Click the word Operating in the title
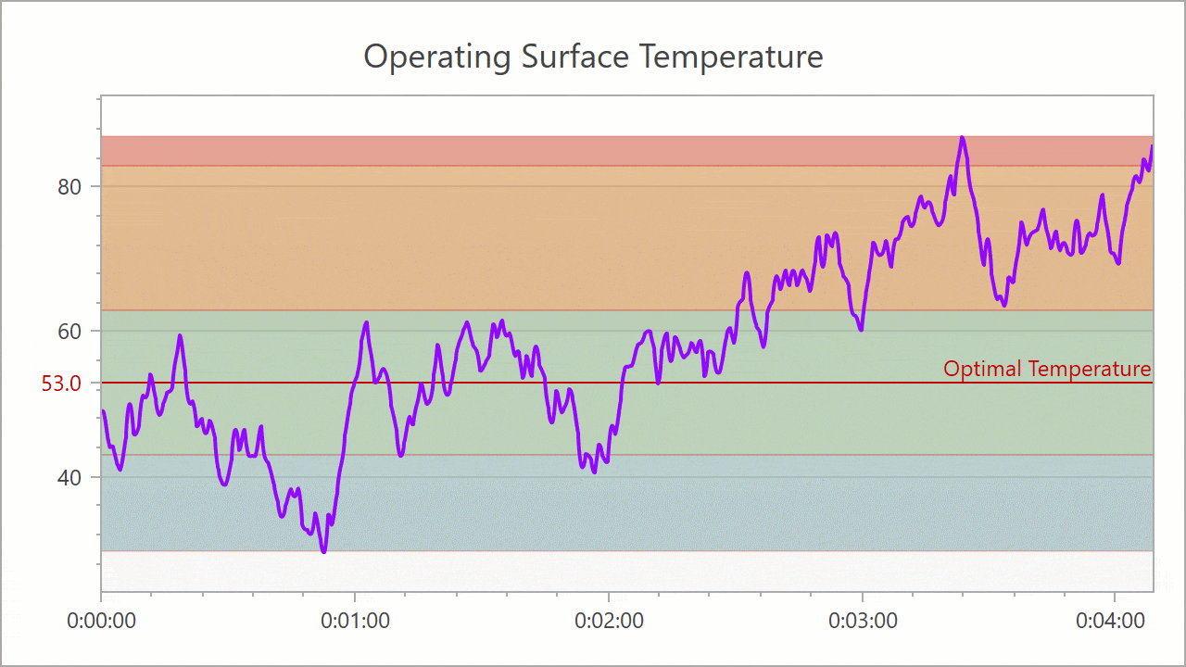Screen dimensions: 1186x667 pyautogui.click(x=436, y=57)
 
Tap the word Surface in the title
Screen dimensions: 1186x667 pyautogui.click(x=570, y=57)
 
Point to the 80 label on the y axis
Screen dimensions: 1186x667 pyautogui.click(x=69, y=187)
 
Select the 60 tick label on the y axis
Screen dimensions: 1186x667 pyautogui.click(x=69, y=332)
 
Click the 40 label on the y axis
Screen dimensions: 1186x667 pyautogui.click(x=69, y=477)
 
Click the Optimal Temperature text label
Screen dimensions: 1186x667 pyautogui.click(x=1047, y=369)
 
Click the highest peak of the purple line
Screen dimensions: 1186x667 pyautogui.click(x=962, y=138)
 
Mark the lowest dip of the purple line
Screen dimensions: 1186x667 pyautogui.click(x=323, y=551)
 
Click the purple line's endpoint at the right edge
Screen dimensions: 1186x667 pyautogui.click(x=1152, y=146)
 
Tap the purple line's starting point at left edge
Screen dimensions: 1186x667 pyautogui.click(x=103, y=411)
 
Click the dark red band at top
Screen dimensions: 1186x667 pyautogui.click(x=556, y=151)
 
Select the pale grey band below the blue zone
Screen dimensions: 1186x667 pyautogui.click(x=556, y=570)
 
